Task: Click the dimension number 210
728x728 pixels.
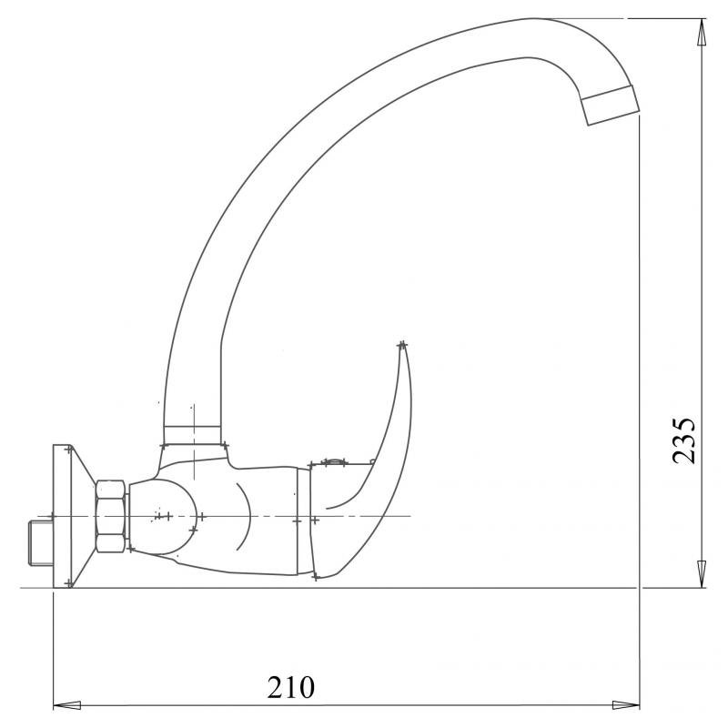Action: (x=290, y=688)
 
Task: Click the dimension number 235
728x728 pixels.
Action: (x=684, y=440)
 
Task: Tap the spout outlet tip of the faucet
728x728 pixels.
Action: (x=611, y=106)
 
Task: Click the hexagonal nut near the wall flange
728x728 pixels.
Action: (x=111, y=516)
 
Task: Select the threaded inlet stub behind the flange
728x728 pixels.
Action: (x=41, y=543)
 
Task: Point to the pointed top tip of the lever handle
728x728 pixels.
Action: (x=402, y=345)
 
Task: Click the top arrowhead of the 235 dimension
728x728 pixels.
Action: (x=702, y=34)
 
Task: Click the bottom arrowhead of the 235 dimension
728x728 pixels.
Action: (x=702, y=574)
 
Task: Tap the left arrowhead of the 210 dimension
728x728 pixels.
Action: (x=67, y=705)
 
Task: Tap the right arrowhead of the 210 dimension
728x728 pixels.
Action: (x=626, y=705)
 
